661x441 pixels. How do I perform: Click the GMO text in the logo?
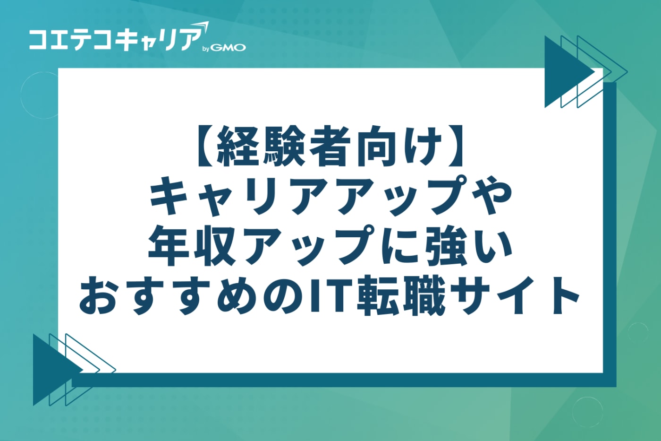coord(229,48)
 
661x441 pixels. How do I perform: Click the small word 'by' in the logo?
coord(206,49)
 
